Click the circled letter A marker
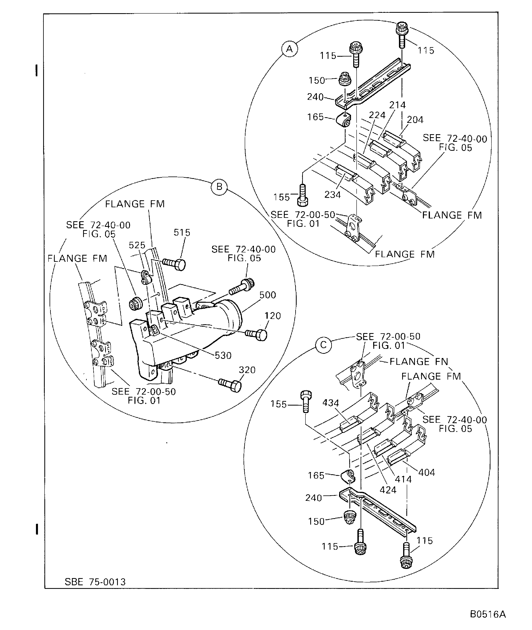(289, 49)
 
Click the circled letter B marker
(219, 187)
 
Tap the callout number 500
(267, 295)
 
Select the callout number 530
(223, 356)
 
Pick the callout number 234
(332, 195)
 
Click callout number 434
(331, 403)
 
